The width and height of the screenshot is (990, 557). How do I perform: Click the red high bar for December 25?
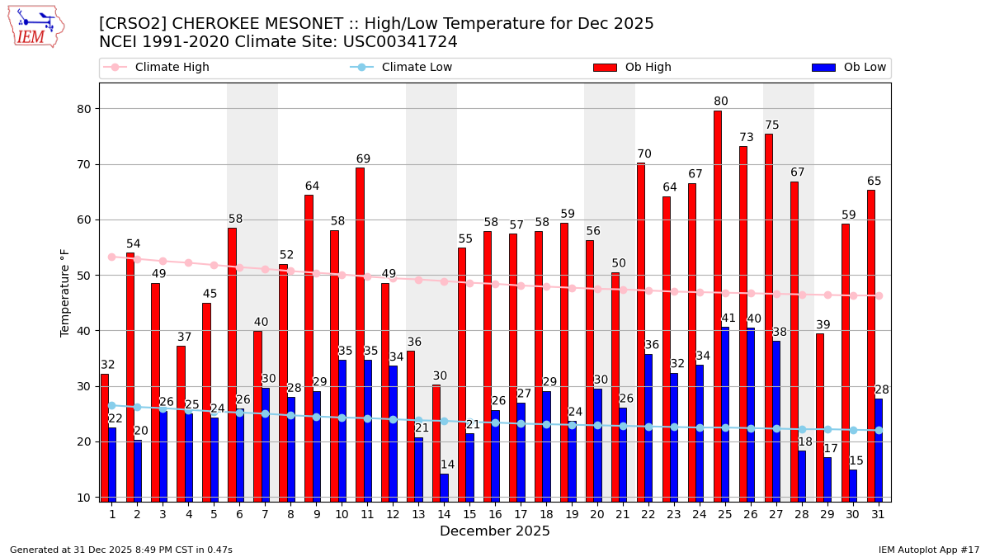[717, 305]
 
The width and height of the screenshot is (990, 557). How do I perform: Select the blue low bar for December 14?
[444, 487]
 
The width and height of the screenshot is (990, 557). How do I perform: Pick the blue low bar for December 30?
[853, 485]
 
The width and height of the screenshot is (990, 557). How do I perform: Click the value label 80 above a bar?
[721, 101]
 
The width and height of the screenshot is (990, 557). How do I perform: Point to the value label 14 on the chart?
[447, 465]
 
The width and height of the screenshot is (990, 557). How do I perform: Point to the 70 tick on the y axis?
[82, 164]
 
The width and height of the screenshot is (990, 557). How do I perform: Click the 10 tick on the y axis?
[82, 498]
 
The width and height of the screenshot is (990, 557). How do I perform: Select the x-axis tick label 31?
[879, 514]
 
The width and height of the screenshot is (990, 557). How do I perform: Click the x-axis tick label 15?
[469, 514]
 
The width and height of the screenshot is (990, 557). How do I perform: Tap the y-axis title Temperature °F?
[65, 292]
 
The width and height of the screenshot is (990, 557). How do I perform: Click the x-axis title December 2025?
[495, 531]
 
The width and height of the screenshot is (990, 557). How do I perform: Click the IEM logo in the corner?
[36, 26]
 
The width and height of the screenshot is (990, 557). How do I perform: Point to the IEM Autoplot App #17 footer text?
[929, 550]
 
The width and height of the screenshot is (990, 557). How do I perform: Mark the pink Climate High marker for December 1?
[111, 257]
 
